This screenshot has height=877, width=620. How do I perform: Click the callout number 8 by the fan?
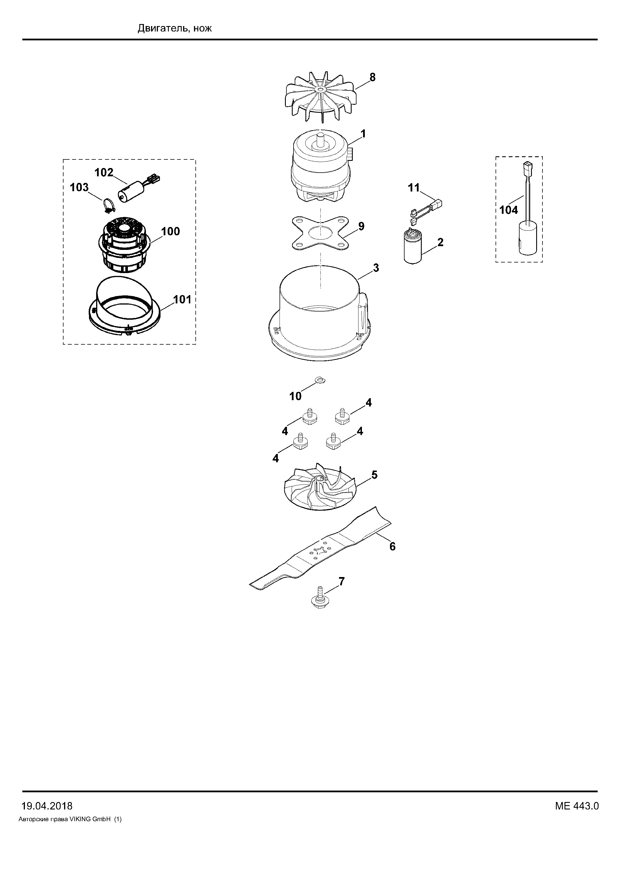point(372,77)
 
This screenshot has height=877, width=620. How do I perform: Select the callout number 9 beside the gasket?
point(361,226)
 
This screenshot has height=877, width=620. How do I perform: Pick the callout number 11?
point(414,188)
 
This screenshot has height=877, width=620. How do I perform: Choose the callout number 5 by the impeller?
point(374,475)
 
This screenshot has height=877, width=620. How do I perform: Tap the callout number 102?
point(104,173)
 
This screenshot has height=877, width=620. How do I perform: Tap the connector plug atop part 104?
point(527,167)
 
